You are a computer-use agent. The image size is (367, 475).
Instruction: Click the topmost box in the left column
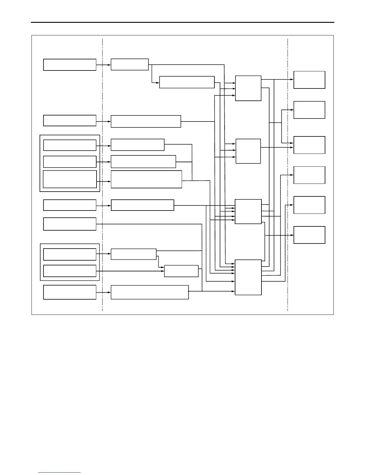70,65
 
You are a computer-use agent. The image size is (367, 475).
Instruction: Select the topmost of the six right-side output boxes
309,80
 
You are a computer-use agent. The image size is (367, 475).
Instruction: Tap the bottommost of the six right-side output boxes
309,235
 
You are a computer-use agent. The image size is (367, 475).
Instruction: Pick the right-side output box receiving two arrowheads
309,145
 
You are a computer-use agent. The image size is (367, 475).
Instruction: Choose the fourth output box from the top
309,175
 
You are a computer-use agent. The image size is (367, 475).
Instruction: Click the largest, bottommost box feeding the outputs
248,277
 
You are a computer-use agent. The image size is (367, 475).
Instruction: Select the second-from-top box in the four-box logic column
248,151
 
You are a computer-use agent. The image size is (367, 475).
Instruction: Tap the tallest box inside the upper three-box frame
70,179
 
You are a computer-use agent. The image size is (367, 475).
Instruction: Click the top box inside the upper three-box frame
70,145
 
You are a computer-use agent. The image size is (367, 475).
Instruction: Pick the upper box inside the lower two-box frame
70,254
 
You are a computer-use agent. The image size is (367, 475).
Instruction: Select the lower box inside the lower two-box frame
70,271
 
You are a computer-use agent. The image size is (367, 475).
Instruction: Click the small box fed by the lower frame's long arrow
181,271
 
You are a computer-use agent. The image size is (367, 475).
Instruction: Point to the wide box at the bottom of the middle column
150,292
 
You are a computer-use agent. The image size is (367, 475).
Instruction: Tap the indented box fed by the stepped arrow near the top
187,82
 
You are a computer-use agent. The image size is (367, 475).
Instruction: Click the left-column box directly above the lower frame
70,224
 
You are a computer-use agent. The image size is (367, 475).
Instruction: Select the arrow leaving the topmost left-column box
103,65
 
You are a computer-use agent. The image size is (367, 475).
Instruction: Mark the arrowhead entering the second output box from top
292,110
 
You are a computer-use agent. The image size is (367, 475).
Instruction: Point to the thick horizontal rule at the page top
183,22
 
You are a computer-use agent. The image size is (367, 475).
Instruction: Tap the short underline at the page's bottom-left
59,473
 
